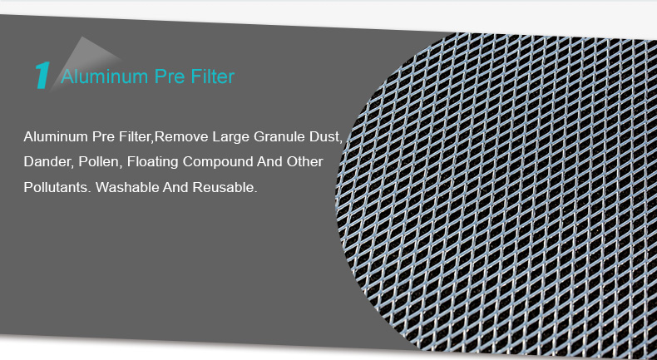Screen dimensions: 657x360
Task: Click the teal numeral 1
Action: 42,76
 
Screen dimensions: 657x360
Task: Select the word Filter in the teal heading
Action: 212,76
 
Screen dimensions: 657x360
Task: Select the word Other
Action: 304,162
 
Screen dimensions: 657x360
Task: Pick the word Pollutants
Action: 57,187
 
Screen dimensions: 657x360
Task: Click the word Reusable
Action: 225,187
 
